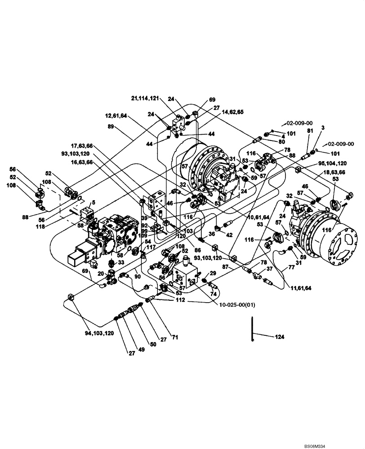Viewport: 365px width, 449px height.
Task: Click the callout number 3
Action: click(x=322, y=128)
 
